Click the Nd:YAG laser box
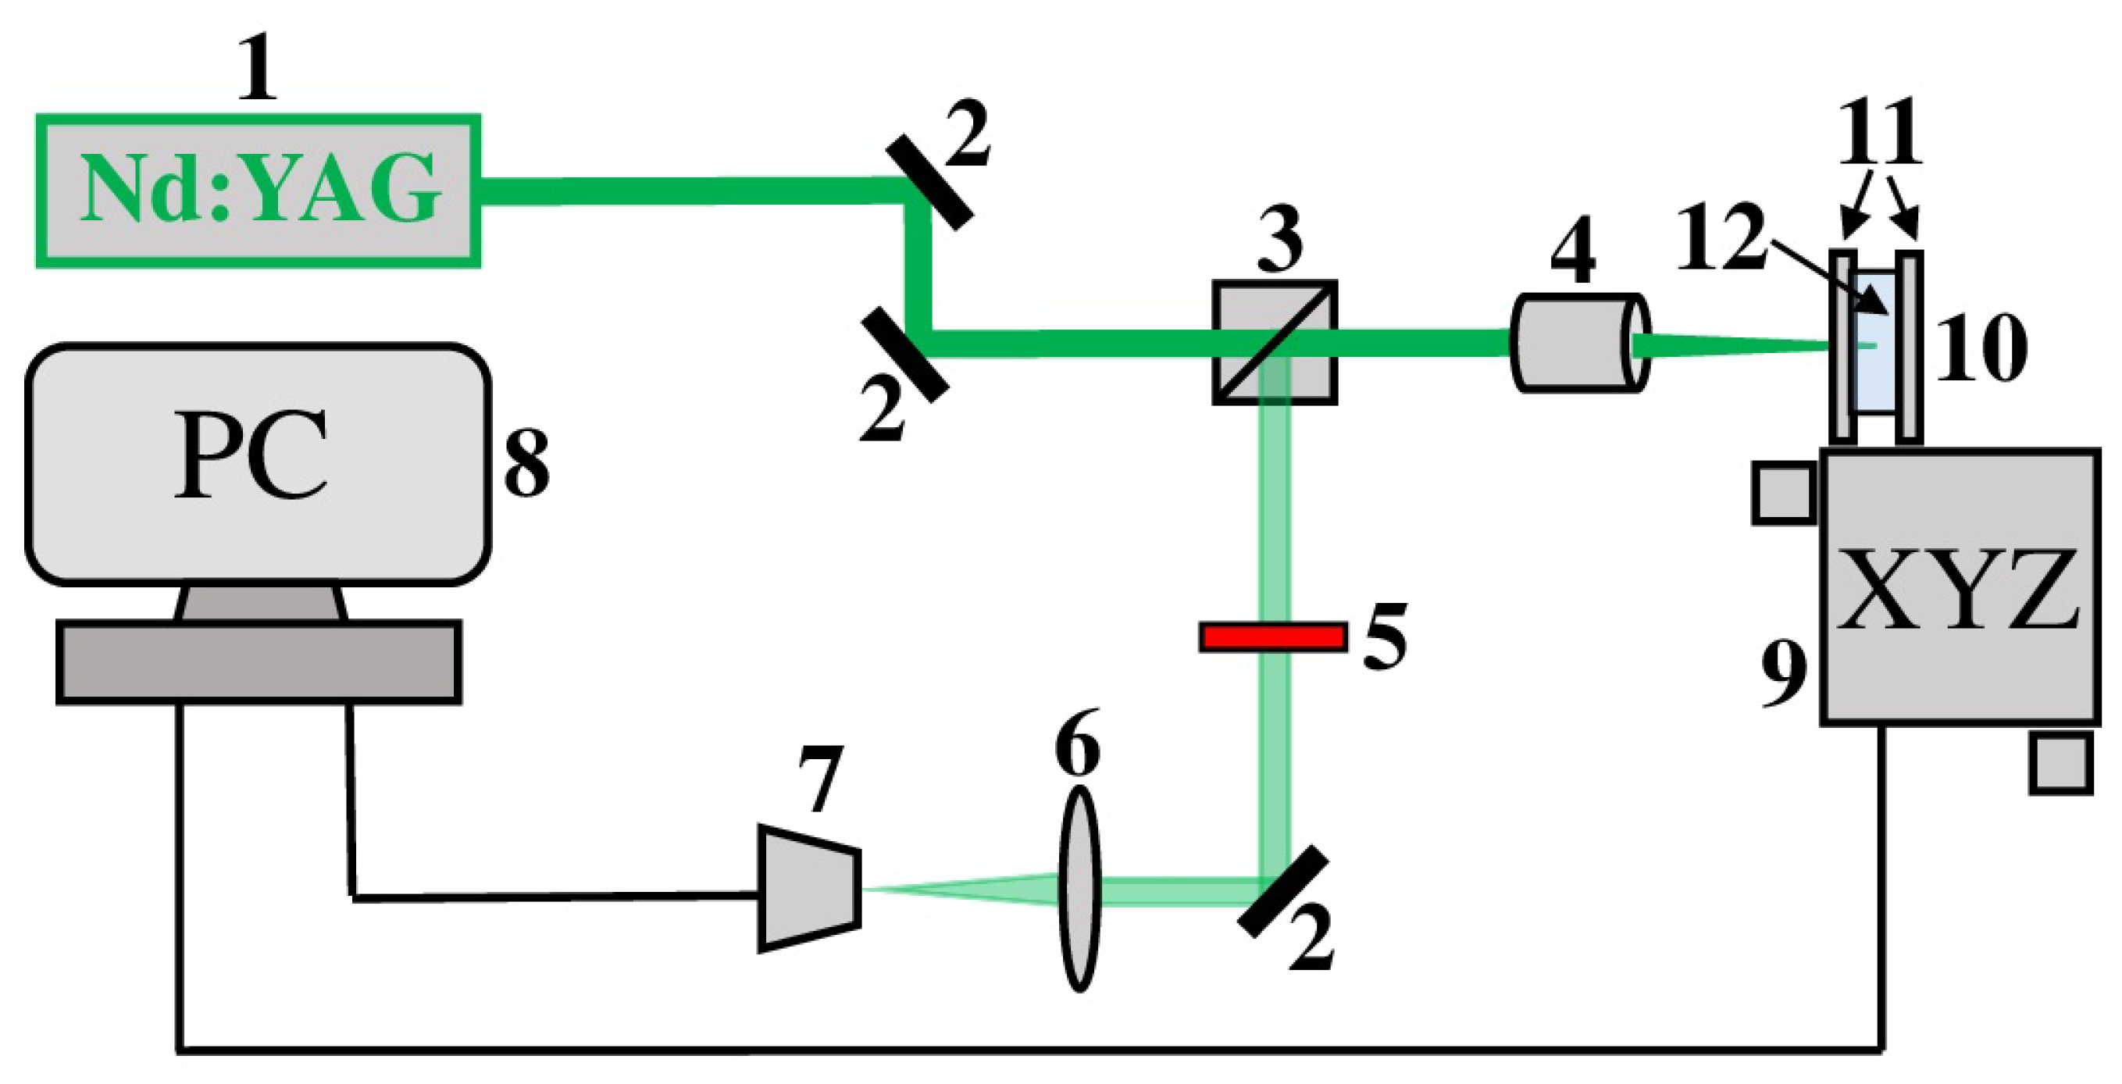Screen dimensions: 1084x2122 point(258,191)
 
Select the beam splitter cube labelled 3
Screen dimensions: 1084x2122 point(1275,343)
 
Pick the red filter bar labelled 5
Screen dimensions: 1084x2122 point(1273,637)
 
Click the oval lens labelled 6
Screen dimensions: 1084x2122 point(1079,888)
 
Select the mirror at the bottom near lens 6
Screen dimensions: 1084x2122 point(1283,891)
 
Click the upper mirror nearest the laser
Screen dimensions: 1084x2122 point(930,182)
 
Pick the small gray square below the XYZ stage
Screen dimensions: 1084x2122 point(2060,764)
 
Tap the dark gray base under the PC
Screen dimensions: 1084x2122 point(258,662)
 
